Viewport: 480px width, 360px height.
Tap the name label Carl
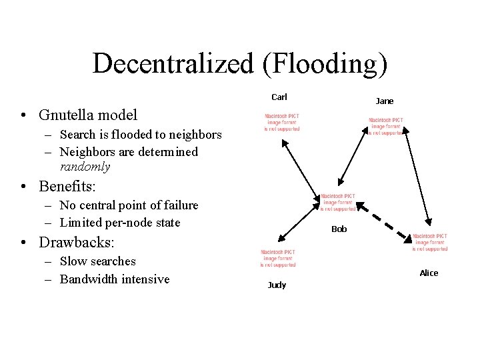[279, 97]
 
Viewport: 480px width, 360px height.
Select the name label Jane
[385, 101]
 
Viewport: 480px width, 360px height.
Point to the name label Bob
[339, 229]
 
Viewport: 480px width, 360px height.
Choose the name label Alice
[429, 273]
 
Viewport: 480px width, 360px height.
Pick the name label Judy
[277, 285]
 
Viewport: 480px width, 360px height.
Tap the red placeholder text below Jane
[386, 127]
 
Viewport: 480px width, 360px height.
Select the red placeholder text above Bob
[338, 203]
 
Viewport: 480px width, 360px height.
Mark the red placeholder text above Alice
[430, 242]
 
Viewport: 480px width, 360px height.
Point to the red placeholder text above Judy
[278, 258]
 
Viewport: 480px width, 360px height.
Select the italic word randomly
[85, 167]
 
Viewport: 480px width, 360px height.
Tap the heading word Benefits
[66, 185]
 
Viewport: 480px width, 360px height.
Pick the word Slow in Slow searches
[72, 261]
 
